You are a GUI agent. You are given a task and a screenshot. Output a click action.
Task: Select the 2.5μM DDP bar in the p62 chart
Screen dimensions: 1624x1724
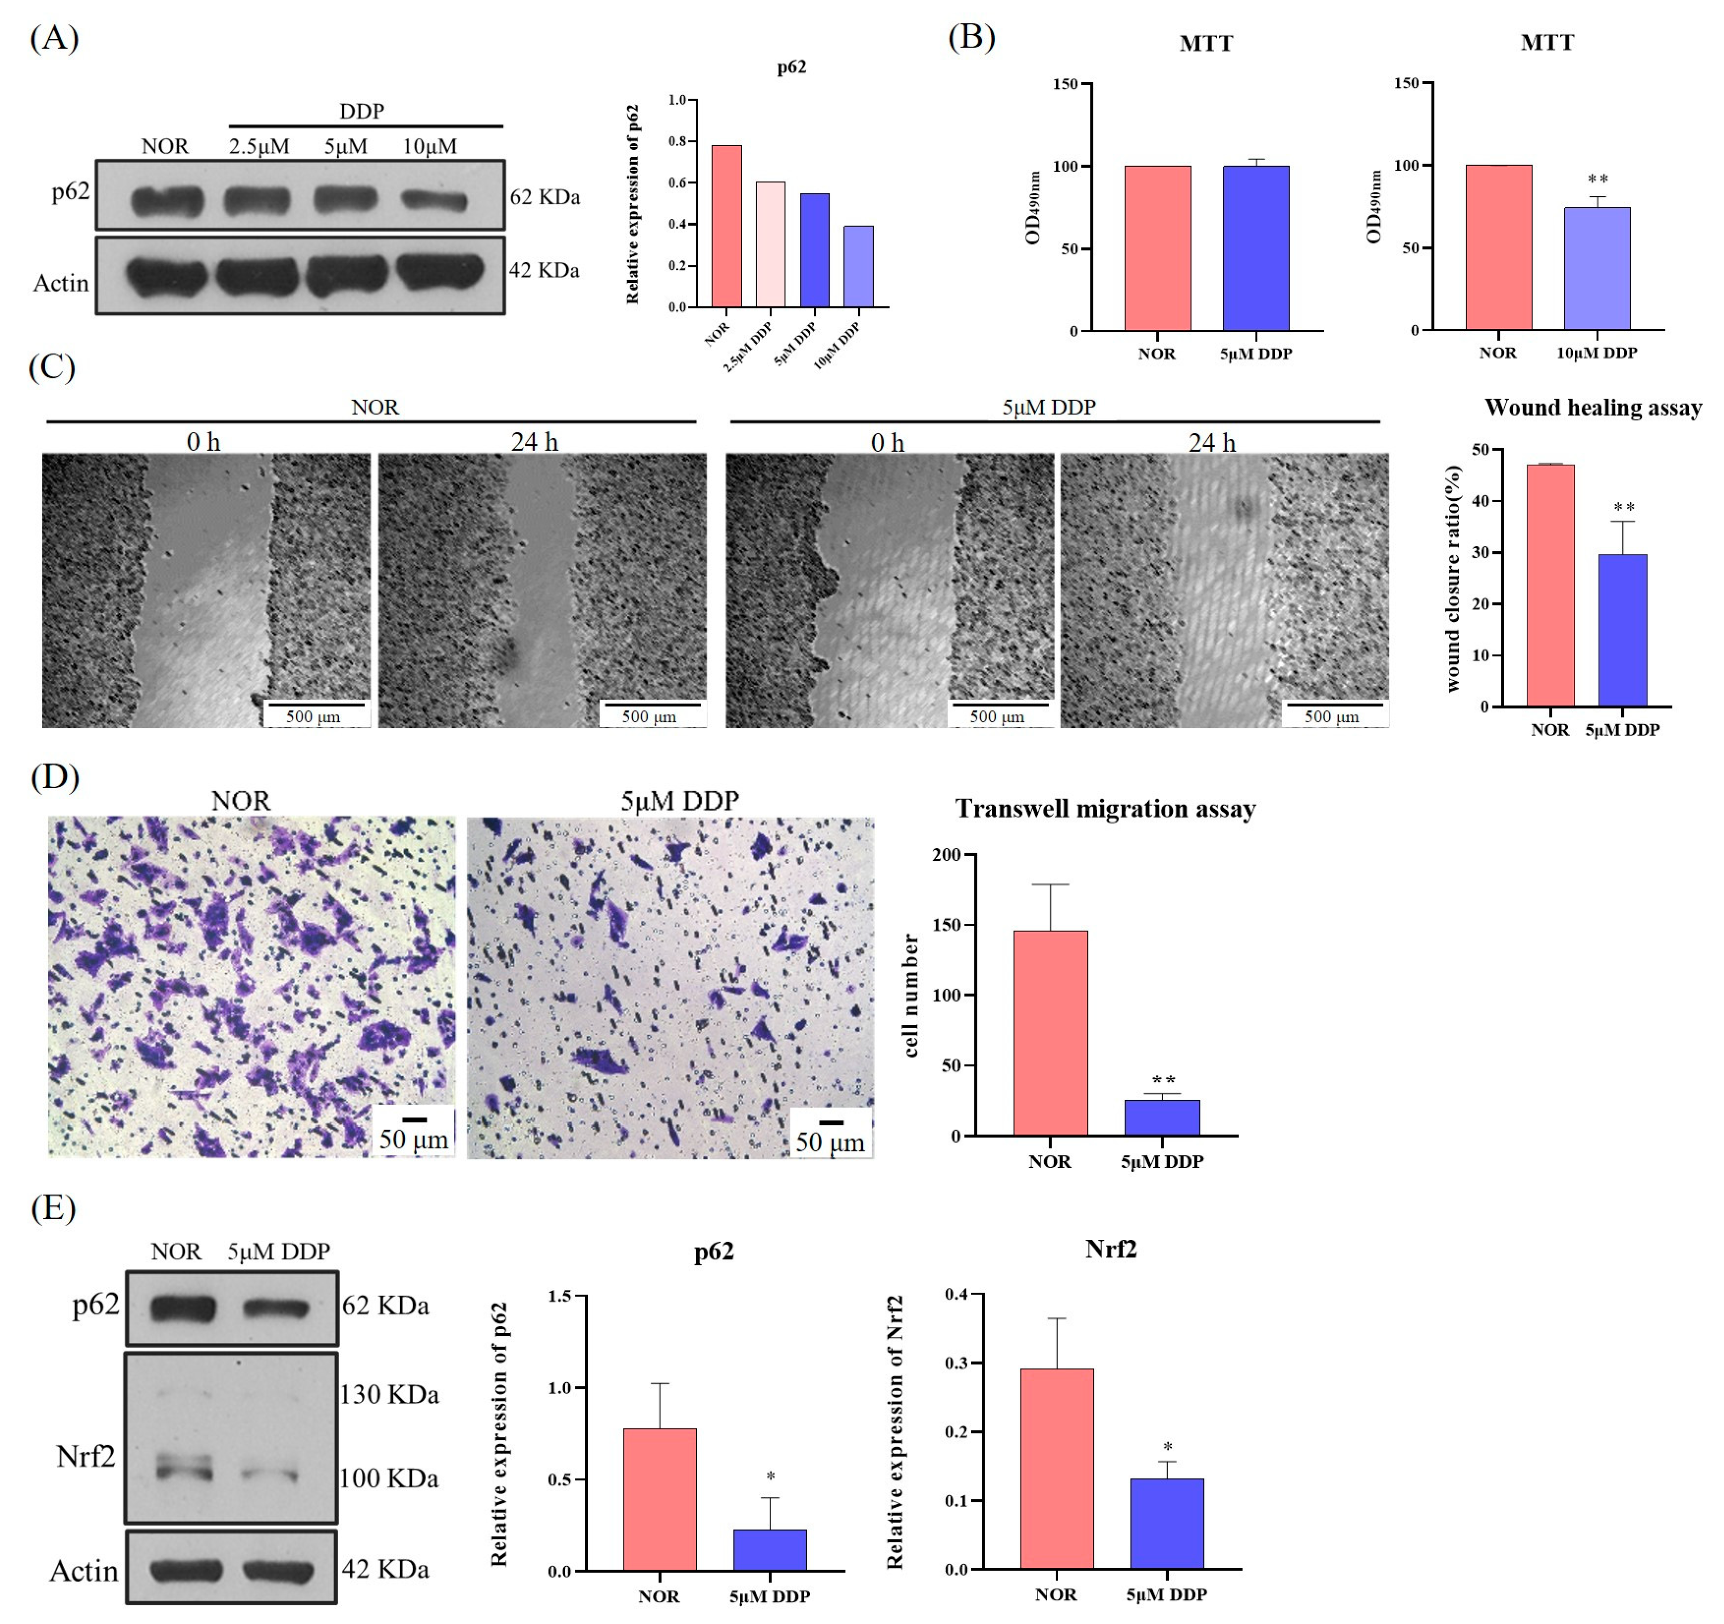point(770,244)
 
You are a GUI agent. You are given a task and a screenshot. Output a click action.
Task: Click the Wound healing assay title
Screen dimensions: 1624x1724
point(1592,407)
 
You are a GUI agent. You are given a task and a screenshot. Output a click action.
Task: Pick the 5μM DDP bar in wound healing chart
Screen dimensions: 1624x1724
point(1622,630)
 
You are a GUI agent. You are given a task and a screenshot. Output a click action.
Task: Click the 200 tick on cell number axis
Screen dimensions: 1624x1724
point(946,855)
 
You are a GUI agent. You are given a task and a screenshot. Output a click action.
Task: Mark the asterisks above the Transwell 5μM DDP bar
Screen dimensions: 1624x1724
point(1163,1081)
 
